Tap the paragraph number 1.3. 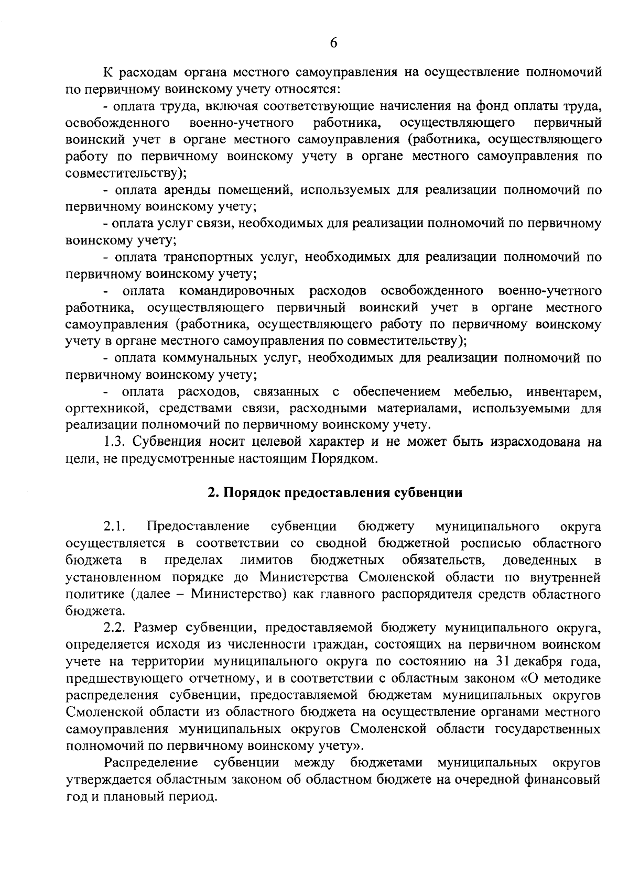[x=114, y=442]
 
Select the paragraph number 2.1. [x=115, y=526]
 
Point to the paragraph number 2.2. [x=116, y=627]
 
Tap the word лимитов [x=267, y=560]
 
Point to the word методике [x=571, y=678]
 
